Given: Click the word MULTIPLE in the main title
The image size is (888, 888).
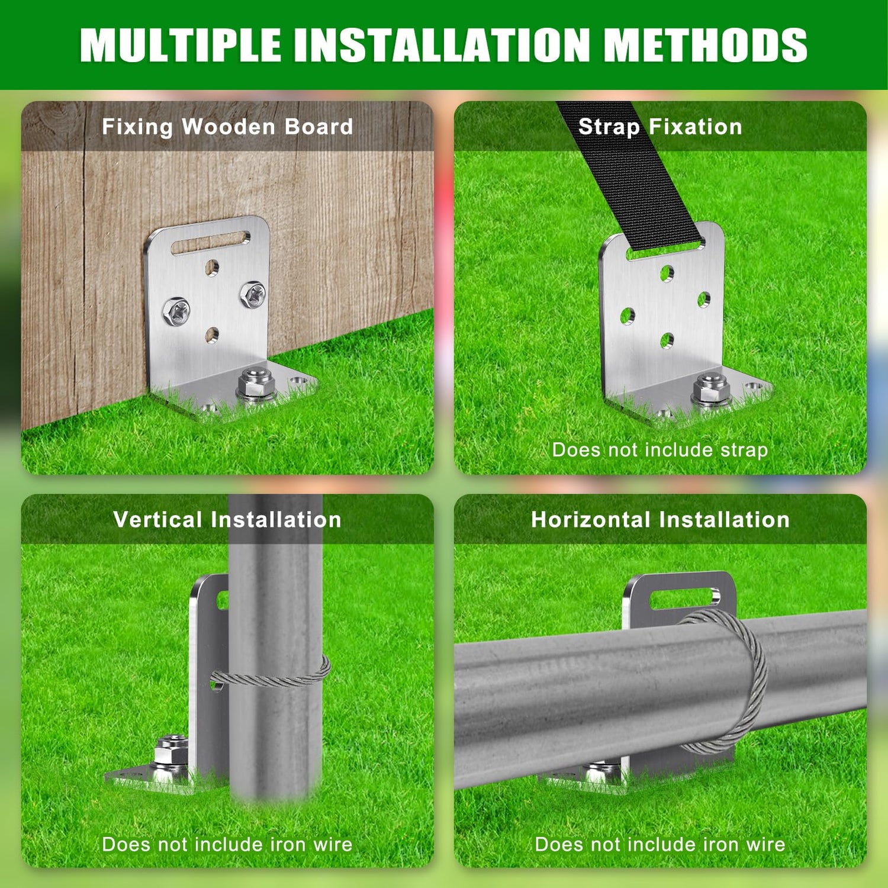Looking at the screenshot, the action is click(181, 44).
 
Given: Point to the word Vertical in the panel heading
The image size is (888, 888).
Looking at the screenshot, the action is click(158, 520).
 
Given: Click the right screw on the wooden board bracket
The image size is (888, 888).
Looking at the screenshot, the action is click(253, 294).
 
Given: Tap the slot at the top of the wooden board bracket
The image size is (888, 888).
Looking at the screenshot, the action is click(210, 243).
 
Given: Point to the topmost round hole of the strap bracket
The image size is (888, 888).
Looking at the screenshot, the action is click(667, 273).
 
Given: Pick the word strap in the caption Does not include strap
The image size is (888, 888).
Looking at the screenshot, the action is click(744, 450).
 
